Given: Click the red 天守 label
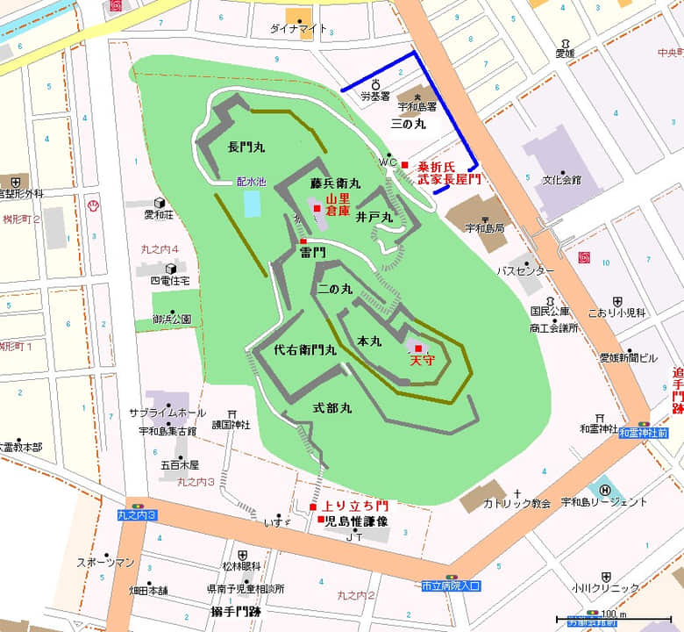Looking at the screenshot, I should (422, 361).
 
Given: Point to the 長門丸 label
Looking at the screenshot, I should (246, 147).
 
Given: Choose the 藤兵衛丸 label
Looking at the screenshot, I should (335, 184).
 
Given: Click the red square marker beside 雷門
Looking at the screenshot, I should (303, 241).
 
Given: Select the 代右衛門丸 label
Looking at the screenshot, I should (305, 350).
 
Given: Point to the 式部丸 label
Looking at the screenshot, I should (333, 408).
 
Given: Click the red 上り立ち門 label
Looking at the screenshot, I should (355, 506).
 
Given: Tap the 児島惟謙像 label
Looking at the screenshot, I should (356, 521).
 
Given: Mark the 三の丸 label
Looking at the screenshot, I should (408, 126).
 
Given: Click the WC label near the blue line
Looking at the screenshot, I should (388, 162).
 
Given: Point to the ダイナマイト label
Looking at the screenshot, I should (299, 29).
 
